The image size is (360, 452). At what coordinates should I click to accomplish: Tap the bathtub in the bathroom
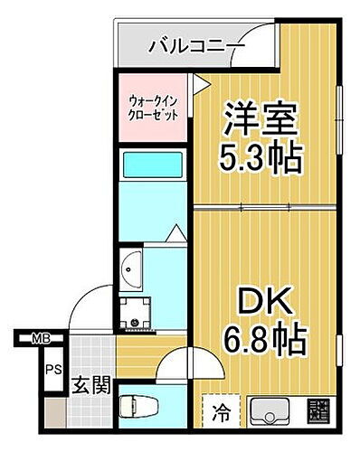pos(151,166)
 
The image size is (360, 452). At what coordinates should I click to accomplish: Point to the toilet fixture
pos(144,403)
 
